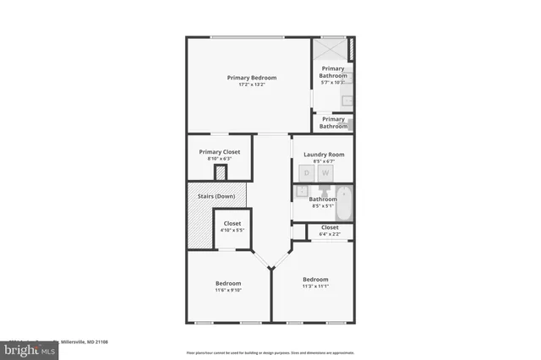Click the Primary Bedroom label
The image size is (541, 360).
pos(251,78)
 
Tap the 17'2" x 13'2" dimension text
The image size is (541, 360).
pos(251,85)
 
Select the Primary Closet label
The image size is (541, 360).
pos(219,151)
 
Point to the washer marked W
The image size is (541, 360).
pos(325,172)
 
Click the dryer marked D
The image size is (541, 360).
pos(307,172)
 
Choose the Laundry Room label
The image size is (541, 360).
pos(323,155)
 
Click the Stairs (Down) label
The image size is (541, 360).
pos(216,196)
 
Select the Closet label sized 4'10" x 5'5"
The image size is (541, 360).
pos(232,223)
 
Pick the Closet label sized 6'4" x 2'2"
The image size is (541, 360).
pos(330,227)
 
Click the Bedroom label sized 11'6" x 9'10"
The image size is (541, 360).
pos(228,283)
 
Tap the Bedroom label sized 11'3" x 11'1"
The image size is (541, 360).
pos(315,280)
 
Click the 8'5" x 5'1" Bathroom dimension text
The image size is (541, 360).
pos(322,205)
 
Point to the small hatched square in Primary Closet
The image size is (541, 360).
pos(221,172)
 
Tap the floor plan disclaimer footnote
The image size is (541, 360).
pos(270,352)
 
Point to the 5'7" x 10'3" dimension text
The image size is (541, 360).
pos(333,82)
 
